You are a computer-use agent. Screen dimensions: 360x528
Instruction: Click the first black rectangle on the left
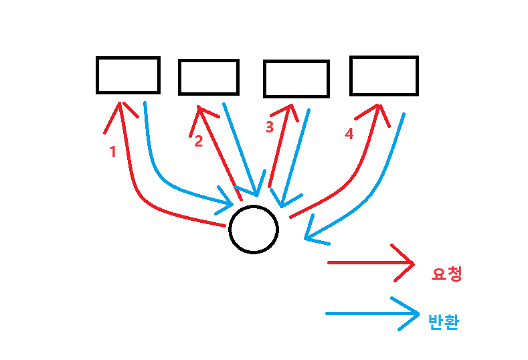pyautogui.click(x=128, y=75)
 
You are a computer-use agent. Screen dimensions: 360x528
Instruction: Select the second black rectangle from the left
pyautogui.click(x=208, y=77)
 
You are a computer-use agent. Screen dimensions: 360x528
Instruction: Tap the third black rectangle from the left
pyautogui.click(x=296, y=79)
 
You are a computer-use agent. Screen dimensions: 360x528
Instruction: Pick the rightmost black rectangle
pyautogui.click(x=383, y=76)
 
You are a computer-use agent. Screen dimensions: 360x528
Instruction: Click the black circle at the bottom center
pyautogui.click(x=253, y=229)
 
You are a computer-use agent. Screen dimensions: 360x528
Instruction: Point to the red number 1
pyautogui.click(x=112, y=152)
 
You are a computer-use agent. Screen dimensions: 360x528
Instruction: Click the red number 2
pyautogui.click(x=198, y=142)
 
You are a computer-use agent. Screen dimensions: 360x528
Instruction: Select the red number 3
pyautogui.click(x=270, y=127)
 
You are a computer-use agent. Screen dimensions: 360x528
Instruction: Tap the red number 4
pyautogui.click(x=348, y=134)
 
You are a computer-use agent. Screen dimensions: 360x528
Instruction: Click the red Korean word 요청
pyautogui.click(x=447, y=274)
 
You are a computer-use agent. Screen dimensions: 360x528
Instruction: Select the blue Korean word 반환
pyautogui.click(x=443, y=323)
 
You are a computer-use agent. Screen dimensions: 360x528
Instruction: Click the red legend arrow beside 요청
pyautogui.click(x=371, y=262)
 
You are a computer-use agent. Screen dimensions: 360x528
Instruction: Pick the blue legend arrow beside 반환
pyautogui.click(x=371, y=313)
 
